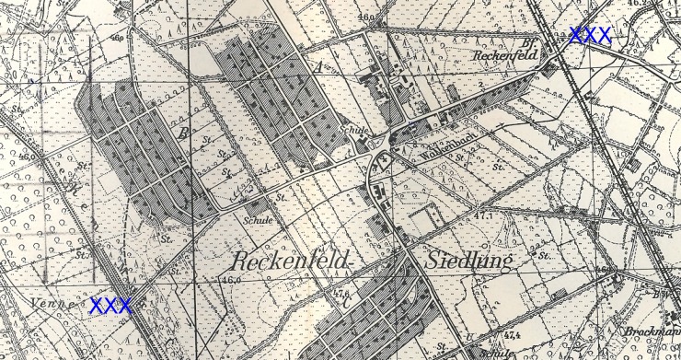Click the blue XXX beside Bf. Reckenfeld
tap(590, 36)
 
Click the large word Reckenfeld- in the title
tap(294, 261)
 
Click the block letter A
tap(317, 67)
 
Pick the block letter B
tap(185, 136)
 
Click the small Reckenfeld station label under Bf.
tap(503, 55)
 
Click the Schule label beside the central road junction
tap(352, 131)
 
